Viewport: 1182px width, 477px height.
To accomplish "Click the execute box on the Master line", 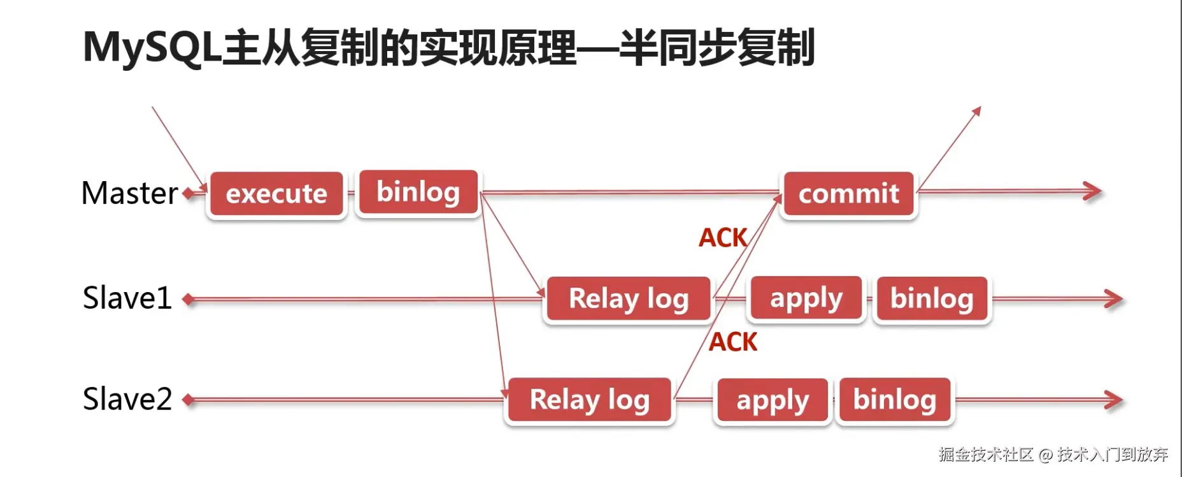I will click(276, 194).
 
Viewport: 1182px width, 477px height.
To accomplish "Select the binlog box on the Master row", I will click(418, 192).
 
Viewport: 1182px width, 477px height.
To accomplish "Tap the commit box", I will click(848, 194).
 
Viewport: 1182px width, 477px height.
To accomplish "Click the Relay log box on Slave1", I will click(628, 298).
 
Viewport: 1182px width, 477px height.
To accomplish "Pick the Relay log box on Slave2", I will click(589, 400).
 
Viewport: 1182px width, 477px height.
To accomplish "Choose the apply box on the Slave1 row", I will click(806, 298).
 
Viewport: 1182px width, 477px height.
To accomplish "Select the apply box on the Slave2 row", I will click(772, 400).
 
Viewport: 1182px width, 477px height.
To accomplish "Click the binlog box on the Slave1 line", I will click(931, 298).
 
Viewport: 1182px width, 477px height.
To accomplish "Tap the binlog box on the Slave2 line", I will click(894, 400).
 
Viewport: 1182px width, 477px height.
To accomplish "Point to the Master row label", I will click(130, 193).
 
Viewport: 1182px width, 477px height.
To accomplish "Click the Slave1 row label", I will click(127, 298).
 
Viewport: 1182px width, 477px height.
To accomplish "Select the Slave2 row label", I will click(127, 399).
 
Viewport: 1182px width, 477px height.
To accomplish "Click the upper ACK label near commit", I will click(722, 238).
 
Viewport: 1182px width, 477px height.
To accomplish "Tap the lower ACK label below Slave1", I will click(732, 342).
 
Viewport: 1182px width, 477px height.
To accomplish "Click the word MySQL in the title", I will click(152, 48).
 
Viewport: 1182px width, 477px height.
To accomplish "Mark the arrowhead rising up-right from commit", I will click(976, 111).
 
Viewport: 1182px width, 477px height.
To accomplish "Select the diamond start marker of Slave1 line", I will click(188, 298).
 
